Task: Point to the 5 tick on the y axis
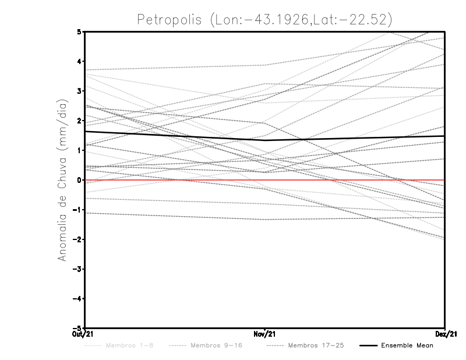click(x=80, y=31)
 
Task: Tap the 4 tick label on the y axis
click(x=80, y=61)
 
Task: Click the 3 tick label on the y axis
click(x=80, y=91)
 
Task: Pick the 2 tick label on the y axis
click(x=80, y=121)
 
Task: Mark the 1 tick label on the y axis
click(x=80, y=150)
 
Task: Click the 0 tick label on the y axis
click(x=80, y=180)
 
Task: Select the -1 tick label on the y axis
click(x=78, y=210)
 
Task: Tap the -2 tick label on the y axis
click(x=78, y=239)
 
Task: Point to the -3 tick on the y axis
click(x=78, y=269)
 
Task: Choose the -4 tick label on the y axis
click(x=78, y=299)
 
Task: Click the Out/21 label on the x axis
click(x=83, y=334)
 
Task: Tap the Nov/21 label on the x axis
click(x=265, y=334)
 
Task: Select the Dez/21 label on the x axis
click(x=445, y=334)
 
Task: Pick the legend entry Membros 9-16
click(x=216, y=345)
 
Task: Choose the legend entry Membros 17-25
click(x=316, y=345)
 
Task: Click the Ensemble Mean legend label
click(x=407, y=345)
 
